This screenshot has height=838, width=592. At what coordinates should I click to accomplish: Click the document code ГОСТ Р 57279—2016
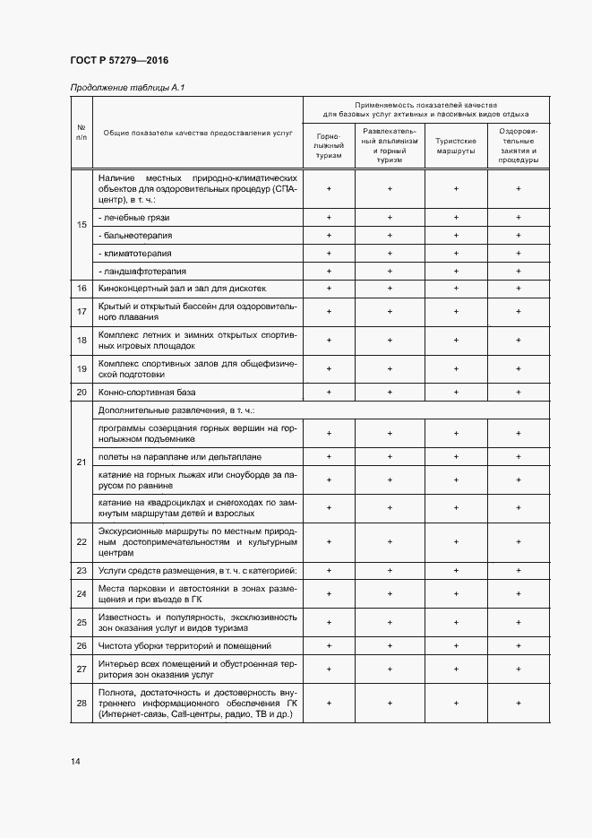(119, 60)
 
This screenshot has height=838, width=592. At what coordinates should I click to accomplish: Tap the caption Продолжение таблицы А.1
(126, 87)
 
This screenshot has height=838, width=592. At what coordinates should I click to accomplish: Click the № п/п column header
(82, 133)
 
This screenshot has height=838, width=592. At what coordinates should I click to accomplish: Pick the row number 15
(82, 224)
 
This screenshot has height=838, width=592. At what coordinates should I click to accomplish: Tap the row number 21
(82, 462)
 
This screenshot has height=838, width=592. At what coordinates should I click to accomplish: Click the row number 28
(82, 704)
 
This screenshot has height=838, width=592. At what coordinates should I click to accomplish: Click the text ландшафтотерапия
(142, 271)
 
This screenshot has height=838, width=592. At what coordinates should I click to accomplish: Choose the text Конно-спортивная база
(148, 393)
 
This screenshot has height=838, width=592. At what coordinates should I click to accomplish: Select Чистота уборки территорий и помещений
(185, 645)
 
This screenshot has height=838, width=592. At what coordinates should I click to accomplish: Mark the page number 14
(75, 762)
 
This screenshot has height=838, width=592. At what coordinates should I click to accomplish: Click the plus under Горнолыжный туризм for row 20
(330, 393)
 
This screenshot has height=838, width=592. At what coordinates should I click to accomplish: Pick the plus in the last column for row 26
(519, 645)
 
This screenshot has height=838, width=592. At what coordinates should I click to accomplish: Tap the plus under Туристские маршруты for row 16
(456, 289)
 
